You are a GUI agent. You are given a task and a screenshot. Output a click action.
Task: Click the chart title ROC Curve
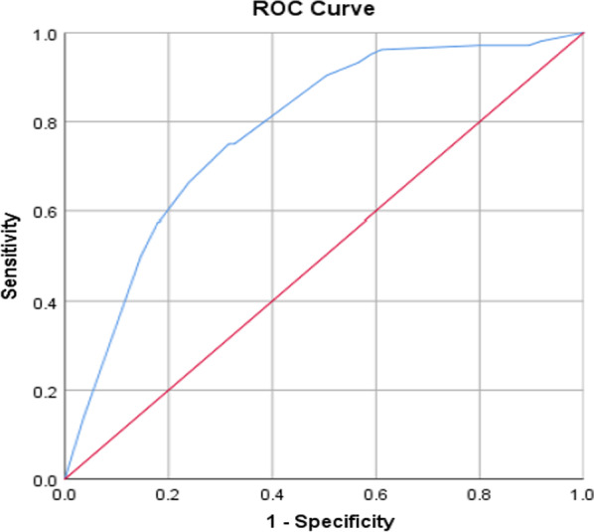click(x=322, y=9)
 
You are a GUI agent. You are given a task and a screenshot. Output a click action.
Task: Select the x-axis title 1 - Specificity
click(x=323, y=519)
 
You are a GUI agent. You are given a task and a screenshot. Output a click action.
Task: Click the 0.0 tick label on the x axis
click(x=65, y=493)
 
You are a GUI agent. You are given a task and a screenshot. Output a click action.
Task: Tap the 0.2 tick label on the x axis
click(x=168, y=493)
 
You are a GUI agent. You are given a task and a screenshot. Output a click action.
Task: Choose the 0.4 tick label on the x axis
click(x=271, y=493)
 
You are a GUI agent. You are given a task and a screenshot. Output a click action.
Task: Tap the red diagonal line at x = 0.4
click(x=271, y=300)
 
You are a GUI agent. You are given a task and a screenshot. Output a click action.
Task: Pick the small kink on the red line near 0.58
click(x=366, y=219)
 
